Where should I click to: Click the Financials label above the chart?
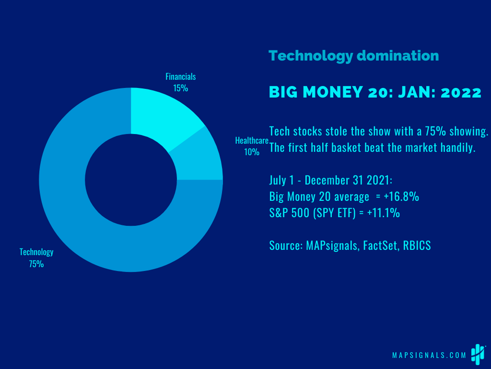tap(181, 76)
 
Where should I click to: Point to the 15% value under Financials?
tap(181, 88)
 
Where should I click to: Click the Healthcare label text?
tap(252, 141)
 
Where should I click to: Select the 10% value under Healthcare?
tap(252, 152)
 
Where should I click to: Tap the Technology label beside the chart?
tap(36, 252)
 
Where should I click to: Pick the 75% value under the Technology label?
tap(36, 264)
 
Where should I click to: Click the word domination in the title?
tap(397, 56)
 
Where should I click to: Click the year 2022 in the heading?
tap(461, 92)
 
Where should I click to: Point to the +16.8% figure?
tap(401, 197)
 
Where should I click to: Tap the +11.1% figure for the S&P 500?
tap(384, 213)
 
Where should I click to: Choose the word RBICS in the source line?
tap(417, 246)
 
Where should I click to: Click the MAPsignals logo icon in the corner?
tap(478, 355)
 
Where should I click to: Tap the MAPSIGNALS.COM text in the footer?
tap(429, 355)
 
